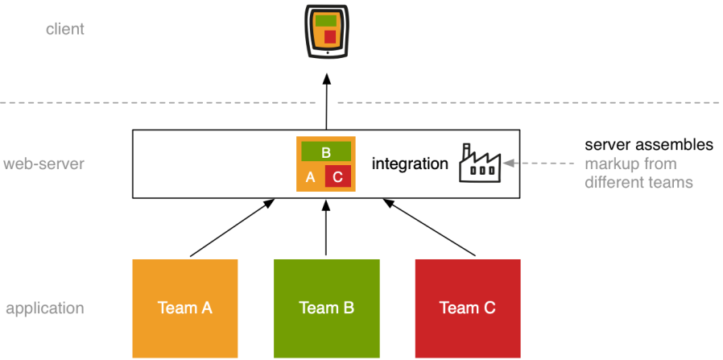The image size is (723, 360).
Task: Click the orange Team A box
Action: [x=185, y=308]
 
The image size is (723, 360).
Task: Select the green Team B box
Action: [x=326, y=308]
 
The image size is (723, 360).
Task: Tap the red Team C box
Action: [x=468, y=308]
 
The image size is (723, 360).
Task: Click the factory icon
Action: [x=479, y=163]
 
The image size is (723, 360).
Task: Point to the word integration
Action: [x=410, y=164]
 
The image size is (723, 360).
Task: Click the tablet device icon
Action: [x=326, y=31]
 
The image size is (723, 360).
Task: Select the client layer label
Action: [x=65, y=30]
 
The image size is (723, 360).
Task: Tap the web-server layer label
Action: [x=44, y=164]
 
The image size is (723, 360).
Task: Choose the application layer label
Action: [x=45, y=308]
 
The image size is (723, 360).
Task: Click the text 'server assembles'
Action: [x=649, y=145]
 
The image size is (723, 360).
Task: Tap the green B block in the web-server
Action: [x=326, y=151]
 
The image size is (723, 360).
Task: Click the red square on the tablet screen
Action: [x=330, y=36]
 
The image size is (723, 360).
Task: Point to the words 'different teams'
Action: [x=638, y=183]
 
